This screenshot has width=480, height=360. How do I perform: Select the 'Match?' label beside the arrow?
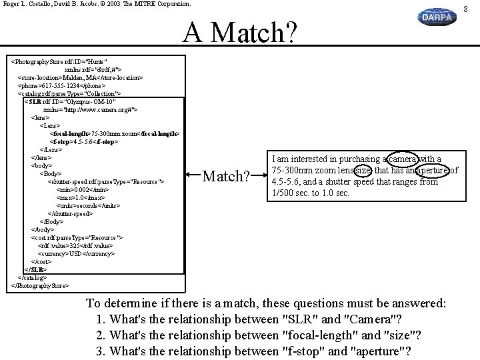coord(226,177)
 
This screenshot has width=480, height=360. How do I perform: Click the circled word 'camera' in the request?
coord(402,159)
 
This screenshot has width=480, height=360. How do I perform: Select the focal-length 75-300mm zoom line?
coord(115,133)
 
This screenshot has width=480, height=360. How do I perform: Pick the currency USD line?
coord(77,254)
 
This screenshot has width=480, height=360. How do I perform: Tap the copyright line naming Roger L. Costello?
coord(97,4)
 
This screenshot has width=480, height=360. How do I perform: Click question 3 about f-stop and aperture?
coord(253,352)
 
